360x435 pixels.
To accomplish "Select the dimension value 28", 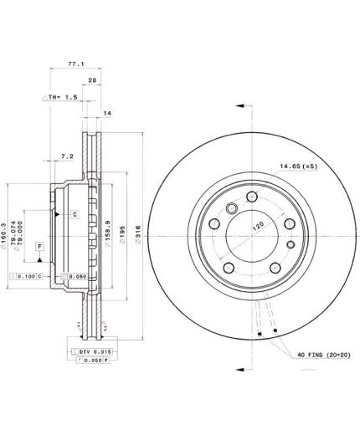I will pos(92,82).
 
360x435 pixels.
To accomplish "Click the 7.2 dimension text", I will pos(68,156).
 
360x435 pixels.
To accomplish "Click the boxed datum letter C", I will pos(74,215).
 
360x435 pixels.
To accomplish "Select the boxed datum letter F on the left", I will pos(39,245).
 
